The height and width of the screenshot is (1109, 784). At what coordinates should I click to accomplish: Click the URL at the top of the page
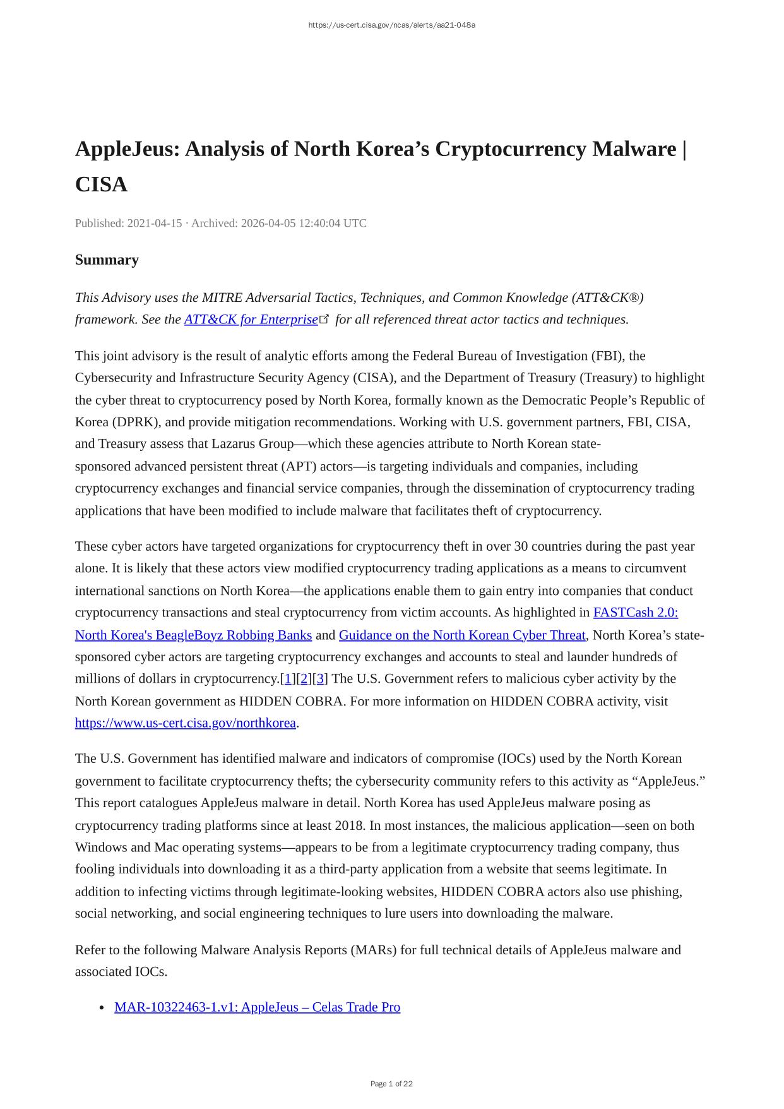[391, 25]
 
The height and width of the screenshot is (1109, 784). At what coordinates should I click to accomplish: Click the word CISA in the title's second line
[101, 184]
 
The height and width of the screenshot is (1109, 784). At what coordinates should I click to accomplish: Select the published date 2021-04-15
[155, 223]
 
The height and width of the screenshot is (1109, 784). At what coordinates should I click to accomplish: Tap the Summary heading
[107, 260]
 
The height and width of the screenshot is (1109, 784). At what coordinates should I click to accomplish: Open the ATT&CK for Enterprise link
[251, 320]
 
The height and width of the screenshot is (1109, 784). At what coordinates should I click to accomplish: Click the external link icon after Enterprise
[324, 319]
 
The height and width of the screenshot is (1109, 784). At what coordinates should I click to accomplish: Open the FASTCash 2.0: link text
[635, 613]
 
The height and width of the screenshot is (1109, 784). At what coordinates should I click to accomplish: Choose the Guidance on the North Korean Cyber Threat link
[462, 635]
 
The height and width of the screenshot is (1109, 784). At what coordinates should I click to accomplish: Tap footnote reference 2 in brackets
[304, 679]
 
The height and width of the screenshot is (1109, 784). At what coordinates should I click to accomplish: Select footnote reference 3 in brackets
[320, 679]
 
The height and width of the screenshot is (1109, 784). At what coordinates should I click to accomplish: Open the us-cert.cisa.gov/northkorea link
[186, 723]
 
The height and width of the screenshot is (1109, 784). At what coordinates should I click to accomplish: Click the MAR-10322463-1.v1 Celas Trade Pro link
[257, 1007]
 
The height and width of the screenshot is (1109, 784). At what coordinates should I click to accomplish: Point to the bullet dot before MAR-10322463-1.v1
[102, 1008]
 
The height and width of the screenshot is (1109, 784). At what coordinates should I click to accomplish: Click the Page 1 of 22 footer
[391, 1084]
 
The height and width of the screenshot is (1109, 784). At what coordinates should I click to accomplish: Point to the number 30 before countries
[521, 546]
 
